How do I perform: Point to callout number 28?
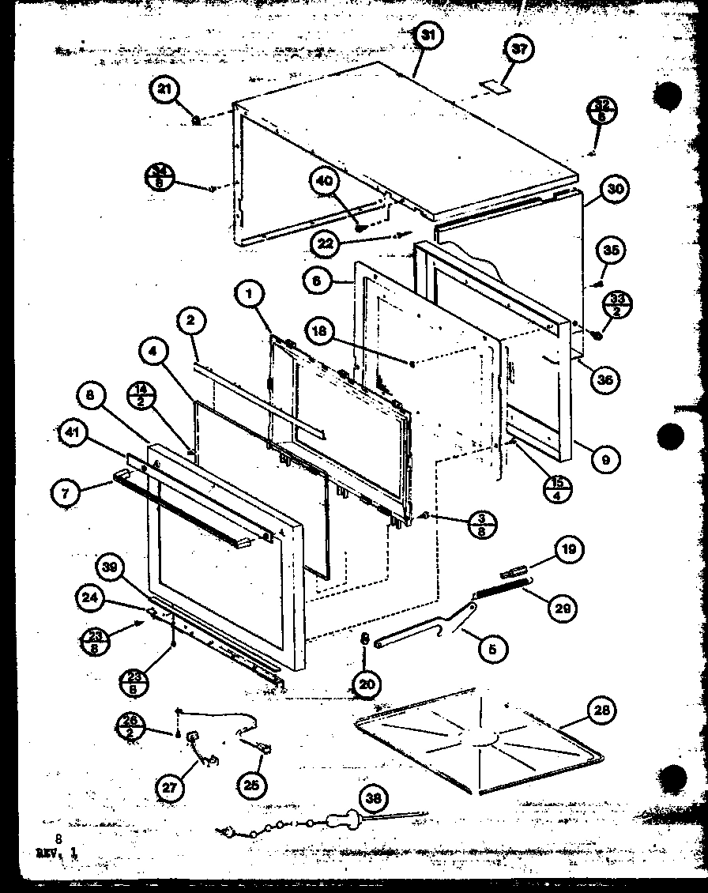click(603, 710)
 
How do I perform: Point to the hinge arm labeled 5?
click(431, 628)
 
